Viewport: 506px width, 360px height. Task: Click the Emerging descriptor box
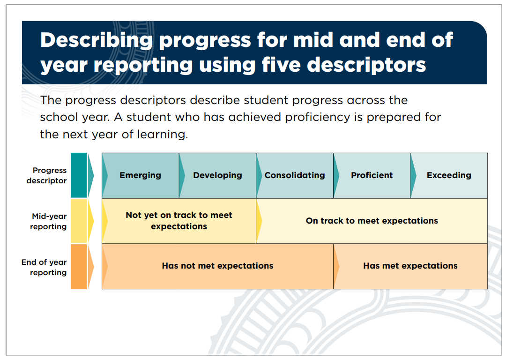click(141, 175)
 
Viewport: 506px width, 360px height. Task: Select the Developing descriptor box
click(217, 175)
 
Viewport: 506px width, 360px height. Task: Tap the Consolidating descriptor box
click(295, 175)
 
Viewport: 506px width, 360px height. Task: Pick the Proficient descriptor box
click(372, 175)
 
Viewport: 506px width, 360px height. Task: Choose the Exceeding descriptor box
click(449, 175)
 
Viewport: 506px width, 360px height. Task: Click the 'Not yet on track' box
click(179, 221)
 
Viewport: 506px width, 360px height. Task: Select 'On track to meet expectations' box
click(372, 221)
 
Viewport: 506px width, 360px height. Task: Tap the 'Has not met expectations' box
click(217, 266)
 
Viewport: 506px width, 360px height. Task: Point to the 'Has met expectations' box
click(410, 266)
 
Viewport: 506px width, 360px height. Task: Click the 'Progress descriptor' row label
click(46, 175)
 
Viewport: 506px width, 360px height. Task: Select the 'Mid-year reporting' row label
click(48, 221)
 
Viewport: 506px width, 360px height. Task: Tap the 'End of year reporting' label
click(44, 267)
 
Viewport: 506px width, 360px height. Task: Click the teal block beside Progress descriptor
click(79, 175)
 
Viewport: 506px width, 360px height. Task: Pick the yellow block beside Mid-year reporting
click(79, 221)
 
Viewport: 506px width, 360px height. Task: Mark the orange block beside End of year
click(79, 266)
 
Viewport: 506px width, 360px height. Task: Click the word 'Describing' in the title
click(97, 41)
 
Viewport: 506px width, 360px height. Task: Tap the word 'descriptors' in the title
click(366, 65)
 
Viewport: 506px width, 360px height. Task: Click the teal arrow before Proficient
click(336, 175)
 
